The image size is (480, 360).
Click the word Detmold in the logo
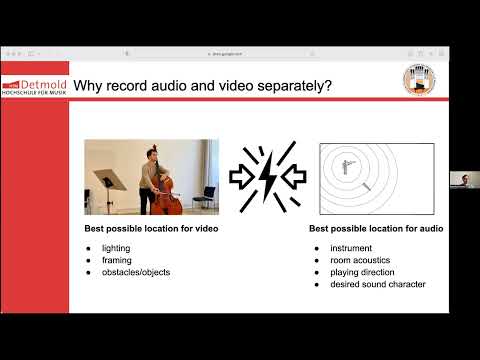pos(46,86)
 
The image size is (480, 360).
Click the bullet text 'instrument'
pos(343,248)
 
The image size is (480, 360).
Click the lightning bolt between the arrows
pos(264,176)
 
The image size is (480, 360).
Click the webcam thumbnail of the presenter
pos(461,179)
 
